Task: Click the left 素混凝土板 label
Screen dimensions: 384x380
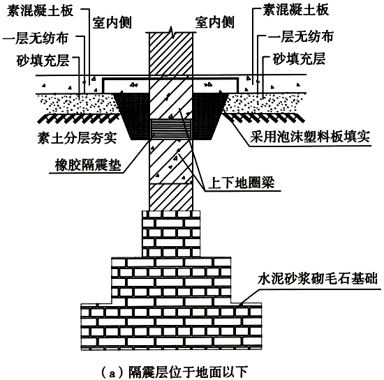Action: tap(40, 11)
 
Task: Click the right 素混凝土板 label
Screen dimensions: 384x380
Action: tap(295, 10)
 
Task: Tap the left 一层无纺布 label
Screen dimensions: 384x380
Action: tap(35, 38)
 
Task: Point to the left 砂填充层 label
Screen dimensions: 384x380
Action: tap(43, 61)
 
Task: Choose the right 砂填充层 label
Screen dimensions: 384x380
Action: tap(299, 59)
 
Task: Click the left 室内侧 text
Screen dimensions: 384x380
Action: tap(112, 23)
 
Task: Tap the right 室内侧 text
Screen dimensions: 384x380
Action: tap(214, 22)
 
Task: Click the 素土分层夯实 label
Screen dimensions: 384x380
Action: tap(77, 138)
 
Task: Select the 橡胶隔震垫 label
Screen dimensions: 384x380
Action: tap(88, 165)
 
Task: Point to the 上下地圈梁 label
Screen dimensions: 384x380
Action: tap(242, 183)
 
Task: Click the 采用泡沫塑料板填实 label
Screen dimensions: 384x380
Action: tap(309, 137)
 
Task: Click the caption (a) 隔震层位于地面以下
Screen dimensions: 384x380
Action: tap(175, 372)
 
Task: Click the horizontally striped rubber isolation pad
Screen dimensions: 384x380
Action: tap(170, 130)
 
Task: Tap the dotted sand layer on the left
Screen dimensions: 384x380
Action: tap(78, 103)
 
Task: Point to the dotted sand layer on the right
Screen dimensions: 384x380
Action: tap(265, 103)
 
